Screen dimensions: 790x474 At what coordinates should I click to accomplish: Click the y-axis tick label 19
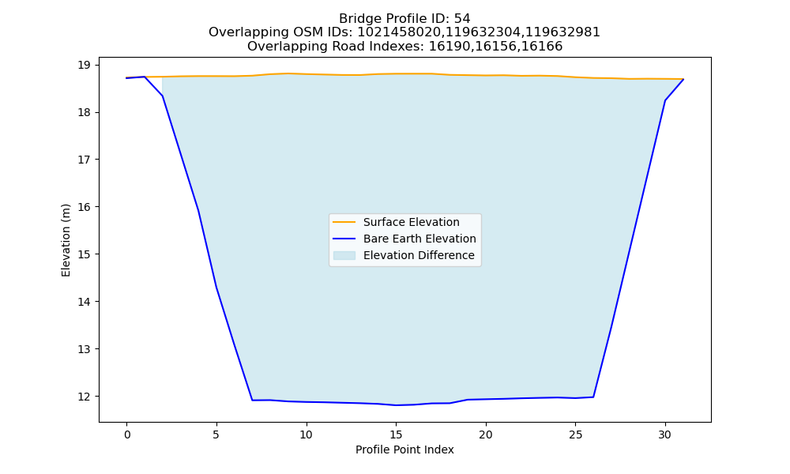(84, 65)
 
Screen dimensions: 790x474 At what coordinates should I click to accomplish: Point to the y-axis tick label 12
(84, 397)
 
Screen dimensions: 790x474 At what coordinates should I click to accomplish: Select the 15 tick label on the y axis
(84, 254)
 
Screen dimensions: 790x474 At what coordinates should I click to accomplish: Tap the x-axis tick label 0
(127, 434)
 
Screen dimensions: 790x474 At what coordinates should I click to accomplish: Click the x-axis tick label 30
(665, 434)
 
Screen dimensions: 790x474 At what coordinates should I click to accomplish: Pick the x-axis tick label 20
(486, 434)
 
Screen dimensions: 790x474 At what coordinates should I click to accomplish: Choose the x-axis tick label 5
(216, 434)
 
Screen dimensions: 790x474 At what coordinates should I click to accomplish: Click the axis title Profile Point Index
(404, 450)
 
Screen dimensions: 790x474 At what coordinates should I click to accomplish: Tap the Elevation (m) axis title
(66, 240)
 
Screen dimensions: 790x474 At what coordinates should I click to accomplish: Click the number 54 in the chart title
(462, 19)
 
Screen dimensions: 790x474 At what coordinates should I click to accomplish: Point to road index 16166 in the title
(543, 47)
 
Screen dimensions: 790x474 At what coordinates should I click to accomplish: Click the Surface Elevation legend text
(411, 222)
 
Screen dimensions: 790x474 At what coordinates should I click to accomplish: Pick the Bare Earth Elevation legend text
(419, 239)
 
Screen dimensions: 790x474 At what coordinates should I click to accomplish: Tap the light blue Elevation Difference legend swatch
(344, 255)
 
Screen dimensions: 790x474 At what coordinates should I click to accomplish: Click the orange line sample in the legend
(344, 222)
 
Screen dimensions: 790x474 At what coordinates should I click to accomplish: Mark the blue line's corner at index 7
(252, 400)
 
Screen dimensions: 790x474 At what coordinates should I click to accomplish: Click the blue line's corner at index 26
(593, 397)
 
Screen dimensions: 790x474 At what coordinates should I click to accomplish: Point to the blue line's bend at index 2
(162, 96)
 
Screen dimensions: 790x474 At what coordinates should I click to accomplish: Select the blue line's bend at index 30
(665, 100)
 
